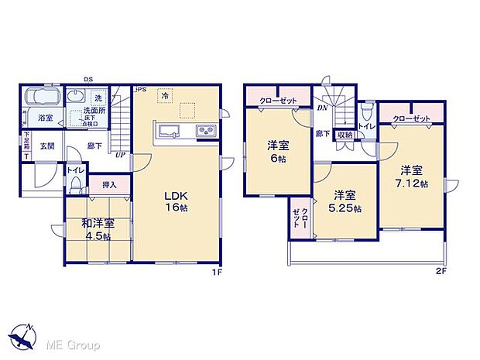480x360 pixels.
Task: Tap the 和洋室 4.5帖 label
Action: [98, 229]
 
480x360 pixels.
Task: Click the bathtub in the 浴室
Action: [43, 98]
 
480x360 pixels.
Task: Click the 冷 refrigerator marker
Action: [164, 95]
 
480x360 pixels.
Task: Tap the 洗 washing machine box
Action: [98, 99]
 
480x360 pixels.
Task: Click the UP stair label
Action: [119, 155]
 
